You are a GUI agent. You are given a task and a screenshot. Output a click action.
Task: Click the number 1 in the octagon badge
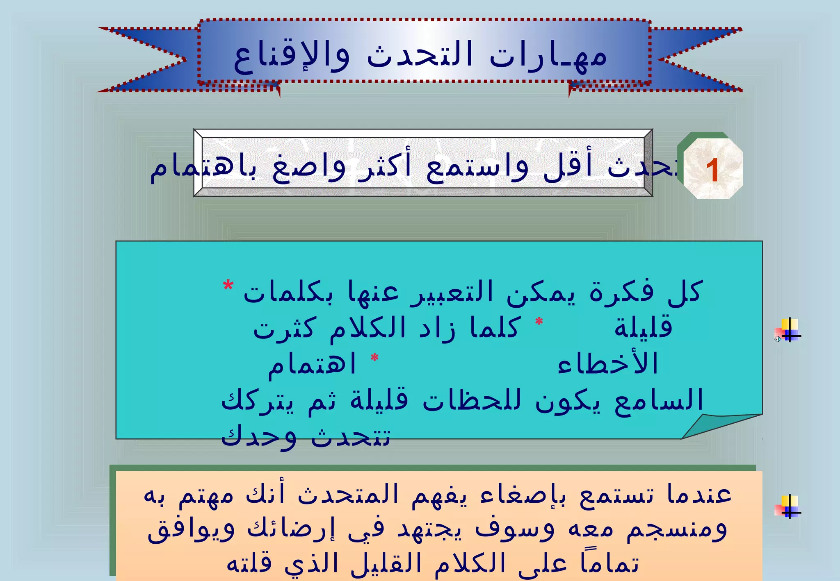pyautogui.click(x=712, y=170)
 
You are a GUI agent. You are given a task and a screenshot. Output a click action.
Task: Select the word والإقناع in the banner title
pyautogui.click(x=292, y=57)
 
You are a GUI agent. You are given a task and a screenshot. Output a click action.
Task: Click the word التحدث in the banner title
pyautogui.click(x=420, y=56)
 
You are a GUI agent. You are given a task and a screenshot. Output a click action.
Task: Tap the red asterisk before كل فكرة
pyautogui.click(x=228, y=286)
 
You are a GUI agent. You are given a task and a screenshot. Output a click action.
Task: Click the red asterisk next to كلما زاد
pyautogui.click(x=539, y=322)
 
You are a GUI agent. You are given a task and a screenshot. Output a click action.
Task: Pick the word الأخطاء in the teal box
pyautogui.click(x=607, y=364)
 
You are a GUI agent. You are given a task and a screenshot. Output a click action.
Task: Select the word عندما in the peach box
pyautogui.click(x=699, y=494)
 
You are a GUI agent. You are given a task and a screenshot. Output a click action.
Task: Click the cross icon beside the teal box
pyautogui.click(x=788, y=330)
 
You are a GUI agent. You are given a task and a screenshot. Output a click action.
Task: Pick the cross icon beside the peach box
pyautogui.click(x=788, y=507)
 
